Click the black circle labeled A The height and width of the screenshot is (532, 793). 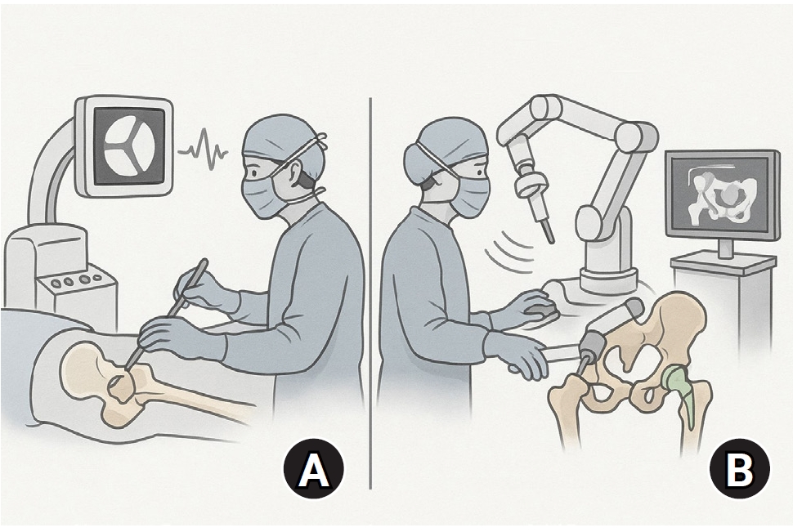pos(314,468)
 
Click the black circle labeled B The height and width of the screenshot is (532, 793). pos(740,468)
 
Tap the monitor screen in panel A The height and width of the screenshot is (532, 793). pos(129,146)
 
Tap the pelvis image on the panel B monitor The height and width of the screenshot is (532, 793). pos(722,195)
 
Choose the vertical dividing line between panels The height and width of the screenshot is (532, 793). pos(370,293)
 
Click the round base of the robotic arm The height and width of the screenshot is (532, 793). pos(609,279)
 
